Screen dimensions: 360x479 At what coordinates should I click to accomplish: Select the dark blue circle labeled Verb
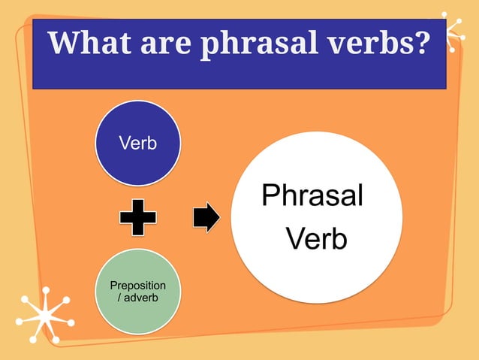pyautogui.click(x=138, y=143)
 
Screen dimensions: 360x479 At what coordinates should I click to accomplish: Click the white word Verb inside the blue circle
pyautogui.click(x=138, y=144)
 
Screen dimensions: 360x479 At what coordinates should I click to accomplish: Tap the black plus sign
pyautogui.click(x=138, y=218)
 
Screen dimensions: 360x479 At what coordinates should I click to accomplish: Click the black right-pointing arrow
pyautogui.click(x=206, y=218)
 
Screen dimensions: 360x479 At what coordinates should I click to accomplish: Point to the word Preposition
pyautogui.click(x=138, y=286)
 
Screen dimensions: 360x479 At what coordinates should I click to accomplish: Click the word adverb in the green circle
pyautogui.click(x=142, y=298)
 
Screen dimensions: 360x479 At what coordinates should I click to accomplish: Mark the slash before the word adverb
pyautogui.click(x=122, y=298)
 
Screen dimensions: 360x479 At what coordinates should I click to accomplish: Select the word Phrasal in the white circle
pyautogui.click(x=312, y=196)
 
